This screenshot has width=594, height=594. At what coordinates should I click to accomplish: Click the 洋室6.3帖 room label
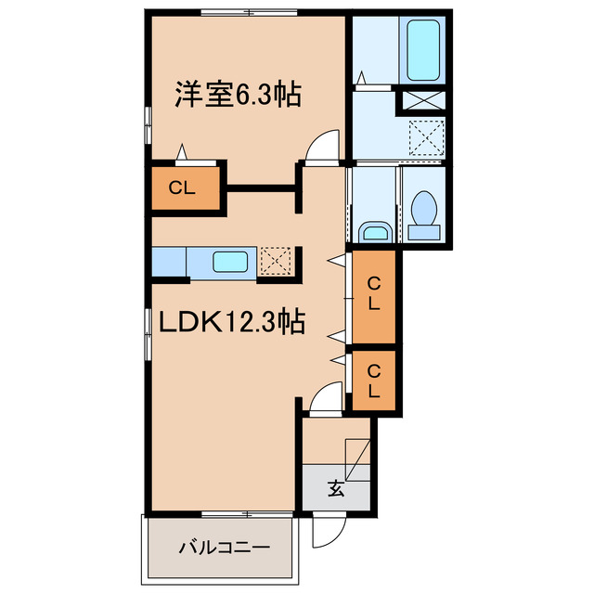239,95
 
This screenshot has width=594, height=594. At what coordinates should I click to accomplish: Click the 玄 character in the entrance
336,488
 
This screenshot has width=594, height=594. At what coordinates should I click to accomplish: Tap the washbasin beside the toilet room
375,229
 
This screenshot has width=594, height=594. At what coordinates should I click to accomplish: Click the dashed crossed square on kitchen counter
276,261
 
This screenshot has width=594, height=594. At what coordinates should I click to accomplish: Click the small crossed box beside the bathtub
424,100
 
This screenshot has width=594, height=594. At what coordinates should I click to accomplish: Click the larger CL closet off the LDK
373,294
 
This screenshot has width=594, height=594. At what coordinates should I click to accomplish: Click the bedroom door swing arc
321,146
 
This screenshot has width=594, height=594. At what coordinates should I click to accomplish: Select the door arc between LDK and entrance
323,399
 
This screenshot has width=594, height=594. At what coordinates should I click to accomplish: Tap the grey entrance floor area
336,483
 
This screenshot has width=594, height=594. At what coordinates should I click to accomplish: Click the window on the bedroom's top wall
248,11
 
